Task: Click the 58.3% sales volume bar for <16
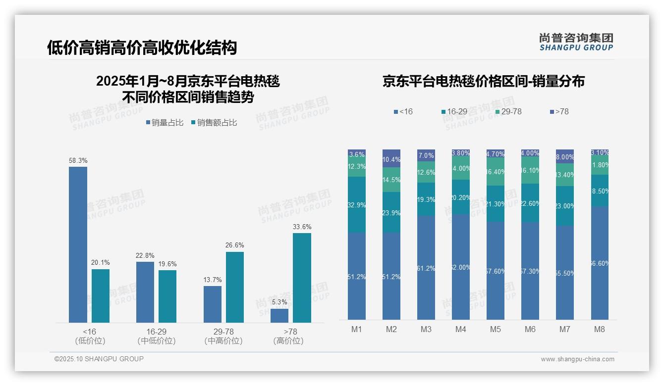(78, 244)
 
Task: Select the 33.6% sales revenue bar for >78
(302, 278)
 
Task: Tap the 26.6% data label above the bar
(235, 245)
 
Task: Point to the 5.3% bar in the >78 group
(279, 316)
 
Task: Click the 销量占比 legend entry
(164, 123)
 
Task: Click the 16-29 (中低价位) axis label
(156, 336)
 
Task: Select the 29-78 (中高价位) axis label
(223, 336)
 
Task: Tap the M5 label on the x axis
(496, 329)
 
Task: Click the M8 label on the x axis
(600, 329)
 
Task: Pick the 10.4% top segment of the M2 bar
(391, 158)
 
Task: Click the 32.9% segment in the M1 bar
(357, 204)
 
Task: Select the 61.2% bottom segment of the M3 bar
(426, 268)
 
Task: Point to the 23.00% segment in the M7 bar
(565, 206)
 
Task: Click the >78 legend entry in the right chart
(559, 112)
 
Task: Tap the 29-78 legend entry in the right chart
(508, 112)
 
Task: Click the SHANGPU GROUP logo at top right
(576, 42)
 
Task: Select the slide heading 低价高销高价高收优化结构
(142, 48)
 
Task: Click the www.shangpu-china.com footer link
(577, 359)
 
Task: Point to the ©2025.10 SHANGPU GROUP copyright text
(99, 359)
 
